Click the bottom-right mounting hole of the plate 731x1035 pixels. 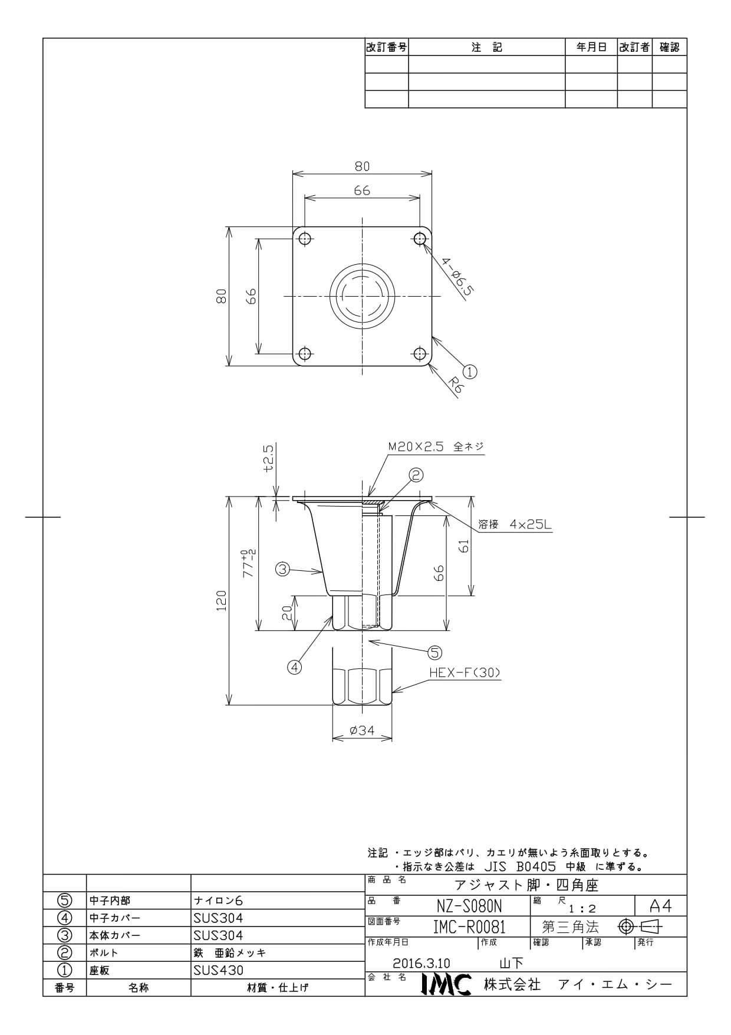point(420,354)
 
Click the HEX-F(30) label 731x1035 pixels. point(465,672)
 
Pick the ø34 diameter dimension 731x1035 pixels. point(362,730)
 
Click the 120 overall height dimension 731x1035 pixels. point(222,600)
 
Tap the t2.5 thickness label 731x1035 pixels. point(268,458)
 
